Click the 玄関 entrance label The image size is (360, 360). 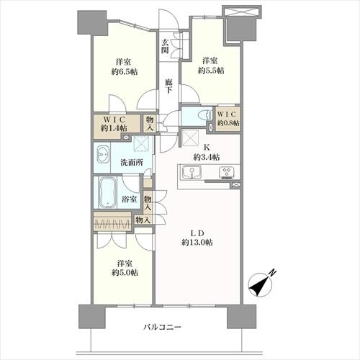point(165,46)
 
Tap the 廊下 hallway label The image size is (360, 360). point(168,86)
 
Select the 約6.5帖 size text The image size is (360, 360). point(125,71)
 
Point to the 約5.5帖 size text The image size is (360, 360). point(211,71)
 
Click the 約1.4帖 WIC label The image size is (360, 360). point(114,128)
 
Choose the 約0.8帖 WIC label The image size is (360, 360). point(228,122)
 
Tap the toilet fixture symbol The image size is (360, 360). point(206,115)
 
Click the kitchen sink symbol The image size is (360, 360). point(192,172)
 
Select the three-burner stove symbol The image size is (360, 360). point(226,172)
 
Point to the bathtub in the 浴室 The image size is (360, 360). point(108,193)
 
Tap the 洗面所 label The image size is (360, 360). point(132,163)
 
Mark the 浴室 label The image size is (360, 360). point(130,199)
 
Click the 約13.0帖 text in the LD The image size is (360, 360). point(197,243)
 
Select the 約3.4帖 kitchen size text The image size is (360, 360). point(207,157)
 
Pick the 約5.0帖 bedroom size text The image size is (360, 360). point(125,273)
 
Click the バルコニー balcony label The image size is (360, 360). point(162,327)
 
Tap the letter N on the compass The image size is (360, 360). point(272,273)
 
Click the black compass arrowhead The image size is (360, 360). point(258,286)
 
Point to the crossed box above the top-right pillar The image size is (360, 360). point(240,12)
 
